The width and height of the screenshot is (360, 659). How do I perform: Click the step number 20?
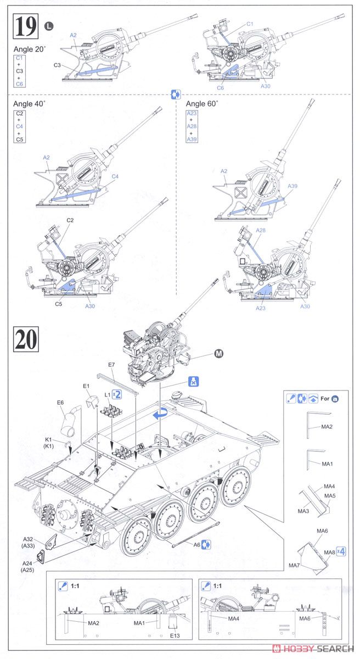point(26,339)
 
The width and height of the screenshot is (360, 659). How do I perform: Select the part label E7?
point(111,365)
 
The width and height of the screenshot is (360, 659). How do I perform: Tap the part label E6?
point(60,403)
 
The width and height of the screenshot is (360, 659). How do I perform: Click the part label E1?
point(86,386)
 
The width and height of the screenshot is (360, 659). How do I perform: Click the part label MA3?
point(303,511)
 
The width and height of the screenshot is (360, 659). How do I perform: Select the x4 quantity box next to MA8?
point(341,551)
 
